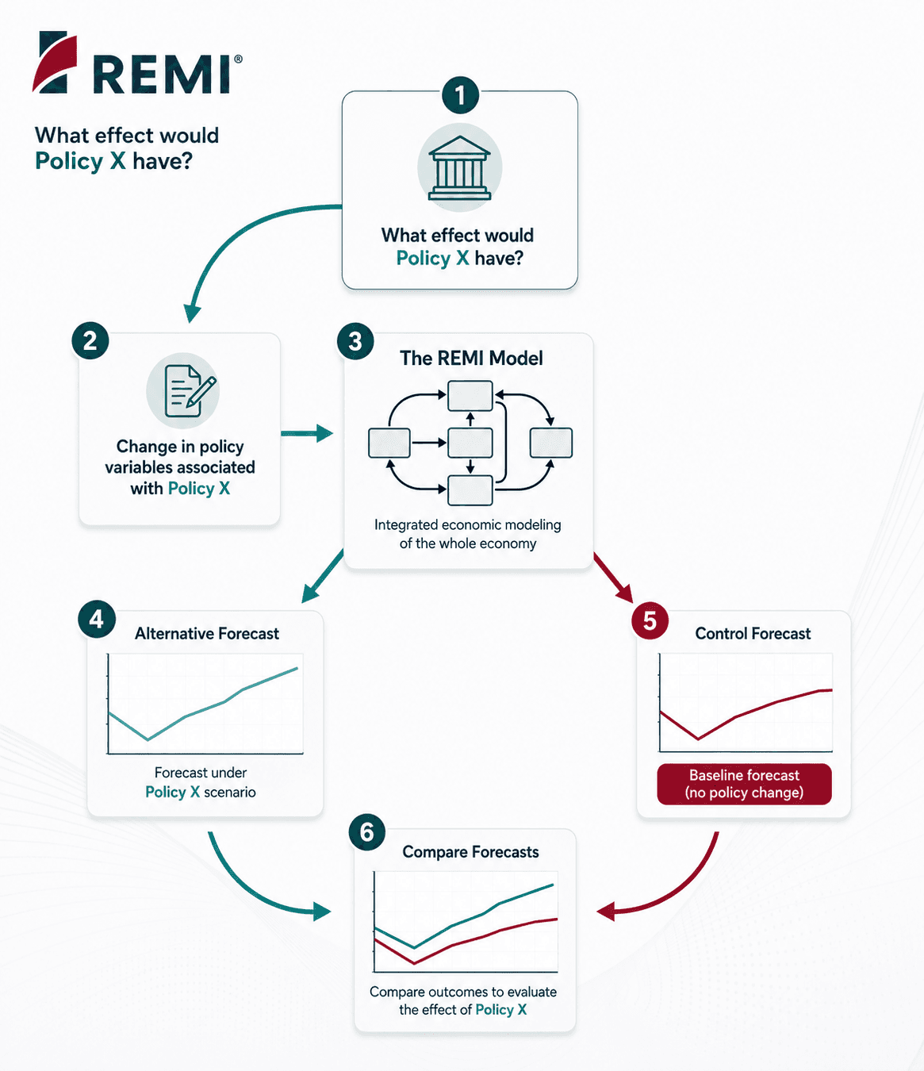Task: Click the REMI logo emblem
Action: [55, 62]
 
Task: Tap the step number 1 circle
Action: [460, 95]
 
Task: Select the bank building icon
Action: [459, 167]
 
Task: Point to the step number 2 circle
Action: [90, 341]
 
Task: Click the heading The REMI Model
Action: [471, 358]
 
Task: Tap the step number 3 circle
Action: [355, 341]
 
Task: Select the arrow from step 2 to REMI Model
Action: [307, 433]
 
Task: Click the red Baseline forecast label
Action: [744, 784]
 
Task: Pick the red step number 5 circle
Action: [650, 620]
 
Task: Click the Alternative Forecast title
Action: [207, 633]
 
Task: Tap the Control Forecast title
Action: [753, 633]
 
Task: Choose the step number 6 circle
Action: [366, 833]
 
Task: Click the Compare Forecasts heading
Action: [470, 852]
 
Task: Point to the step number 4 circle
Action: [96, 619]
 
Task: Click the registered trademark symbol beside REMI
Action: [238, 59]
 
